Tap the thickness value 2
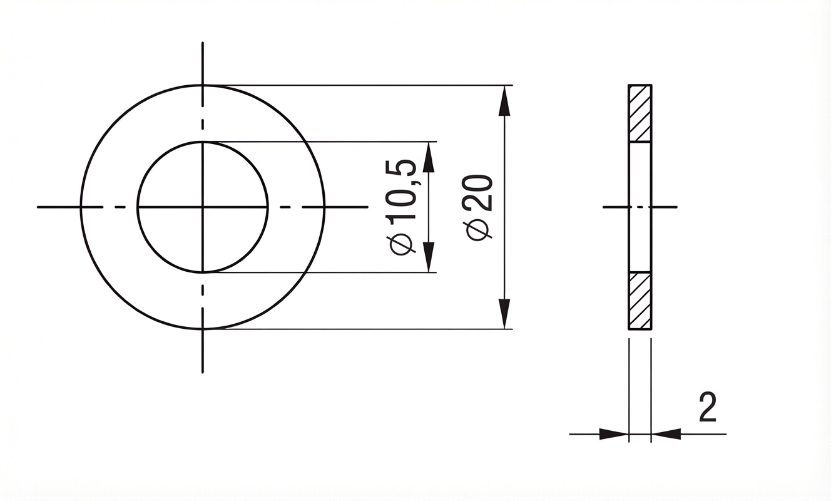pyautogui.click(x=708, y=407)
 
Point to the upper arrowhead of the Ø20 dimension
pyautogui.click(x=504, y=101)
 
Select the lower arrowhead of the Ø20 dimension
pyautogui.click(x=504, y=314)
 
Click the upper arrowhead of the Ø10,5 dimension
pyautogui.click(x=429, y=157)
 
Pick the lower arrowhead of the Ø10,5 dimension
pyautogui.click(x=429, y=257)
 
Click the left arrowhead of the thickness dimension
pyautogui.click(x=614, y=434)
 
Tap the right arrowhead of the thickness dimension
pyautogui.click(x=666, y=434)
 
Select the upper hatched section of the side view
pyautogui.click(x=640, y=113)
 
